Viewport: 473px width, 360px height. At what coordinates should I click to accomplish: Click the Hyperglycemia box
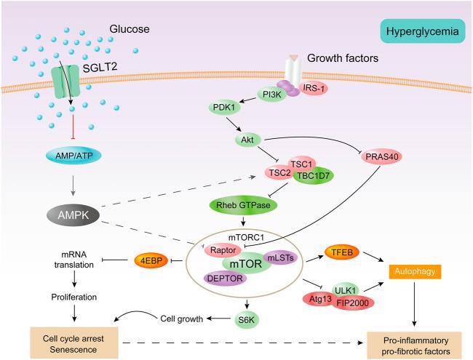(x=416, y=32)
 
